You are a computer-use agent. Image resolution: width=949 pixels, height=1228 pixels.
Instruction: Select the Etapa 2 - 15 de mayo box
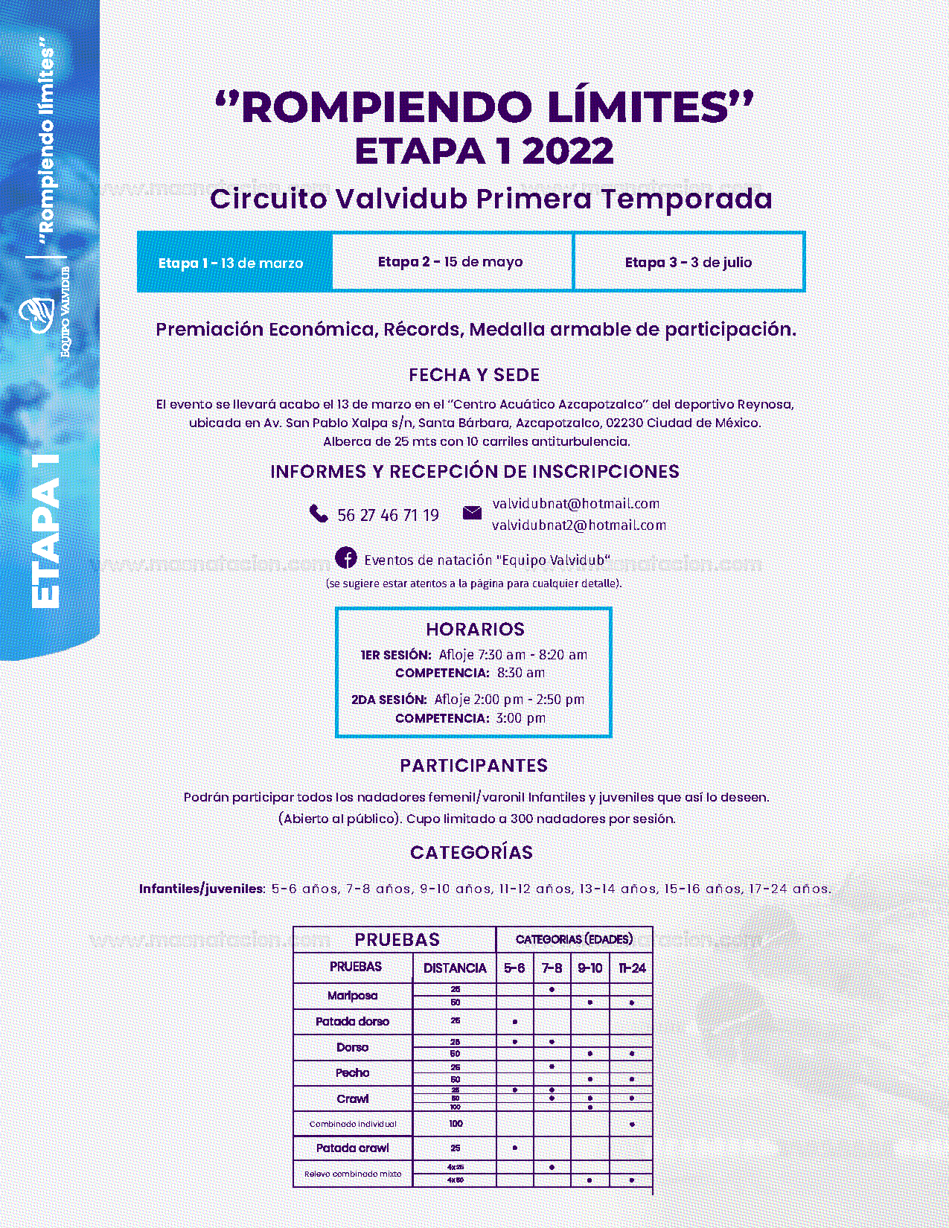point(451,262)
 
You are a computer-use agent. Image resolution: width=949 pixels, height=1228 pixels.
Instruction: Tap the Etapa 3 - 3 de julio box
point(688,262)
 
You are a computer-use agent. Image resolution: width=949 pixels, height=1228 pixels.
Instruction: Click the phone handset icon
point(319,514)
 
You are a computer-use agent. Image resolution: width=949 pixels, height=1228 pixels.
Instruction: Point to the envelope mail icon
point(472,513)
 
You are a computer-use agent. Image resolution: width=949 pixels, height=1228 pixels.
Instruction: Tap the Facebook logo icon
point(345,557)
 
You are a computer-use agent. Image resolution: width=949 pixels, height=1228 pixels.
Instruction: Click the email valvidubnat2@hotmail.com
point(578,525)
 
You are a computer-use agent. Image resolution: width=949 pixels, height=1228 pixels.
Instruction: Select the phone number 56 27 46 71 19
point(388,515)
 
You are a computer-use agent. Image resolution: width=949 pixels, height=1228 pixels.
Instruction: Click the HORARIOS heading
point(475,629)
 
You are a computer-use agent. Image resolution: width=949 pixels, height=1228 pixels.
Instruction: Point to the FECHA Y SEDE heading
point(474,375)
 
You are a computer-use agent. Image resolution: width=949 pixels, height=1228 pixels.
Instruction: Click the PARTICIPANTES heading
point(473,766)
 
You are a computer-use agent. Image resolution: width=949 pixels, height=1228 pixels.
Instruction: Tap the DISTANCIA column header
point(454,968)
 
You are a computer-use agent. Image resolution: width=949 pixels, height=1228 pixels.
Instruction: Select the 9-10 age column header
point(589,968)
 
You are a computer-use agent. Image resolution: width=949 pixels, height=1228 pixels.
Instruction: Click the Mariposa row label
point(352,995)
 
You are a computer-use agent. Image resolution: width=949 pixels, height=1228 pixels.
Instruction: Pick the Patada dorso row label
point(352,1021)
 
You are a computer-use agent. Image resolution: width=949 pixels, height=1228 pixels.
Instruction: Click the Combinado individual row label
point(352,1124)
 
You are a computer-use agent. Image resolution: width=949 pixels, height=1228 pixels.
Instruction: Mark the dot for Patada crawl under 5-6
point(514,1148)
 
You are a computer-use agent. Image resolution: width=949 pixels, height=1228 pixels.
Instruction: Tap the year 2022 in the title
point(568,151)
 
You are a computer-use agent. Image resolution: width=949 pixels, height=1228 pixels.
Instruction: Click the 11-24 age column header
point(631,968)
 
